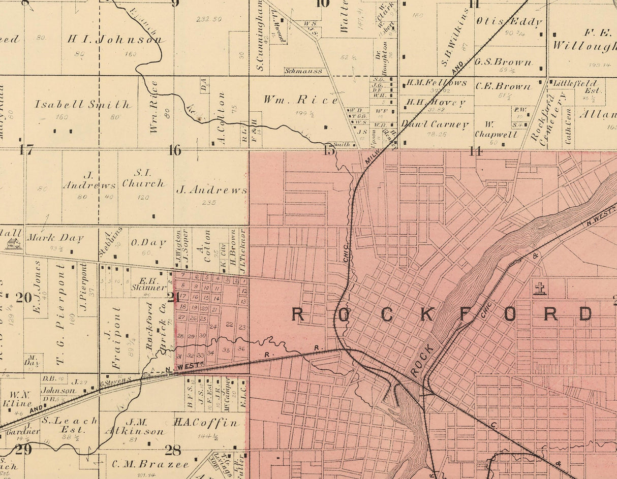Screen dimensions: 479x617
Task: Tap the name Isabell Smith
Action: (82, 105)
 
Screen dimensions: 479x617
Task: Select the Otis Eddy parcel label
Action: (509, 22)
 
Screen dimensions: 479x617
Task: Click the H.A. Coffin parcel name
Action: (206, 422)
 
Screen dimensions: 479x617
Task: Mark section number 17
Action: (25, 150)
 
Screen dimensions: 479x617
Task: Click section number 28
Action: (173, 450)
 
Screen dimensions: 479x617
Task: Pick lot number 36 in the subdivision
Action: (241, 349)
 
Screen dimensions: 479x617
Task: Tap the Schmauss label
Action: (303, 71)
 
